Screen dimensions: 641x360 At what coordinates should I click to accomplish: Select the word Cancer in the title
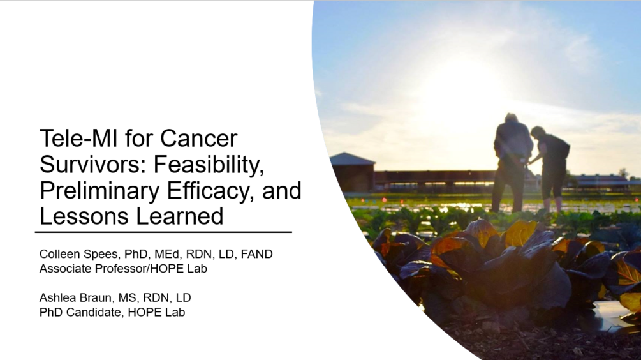click(x=198, y=139)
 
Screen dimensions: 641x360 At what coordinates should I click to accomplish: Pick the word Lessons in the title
click(x=84, y=216)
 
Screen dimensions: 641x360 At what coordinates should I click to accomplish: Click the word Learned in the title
click(x=180, y=216)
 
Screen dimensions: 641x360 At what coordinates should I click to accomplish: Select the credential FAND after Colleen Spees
click(x=257, y=254)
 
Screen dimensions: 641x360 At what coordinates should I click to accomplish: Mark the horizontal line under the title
click(x=163, y=232)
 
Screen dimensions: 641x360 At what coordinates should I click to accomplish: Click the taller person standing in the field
click(x=512, y=161)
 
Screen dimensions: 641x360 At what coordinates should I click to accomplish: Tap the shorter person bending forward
click(x=550, y=168)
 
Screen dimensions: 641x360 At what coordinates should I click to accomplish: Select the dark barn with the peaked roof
click(x=353, y=172)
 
